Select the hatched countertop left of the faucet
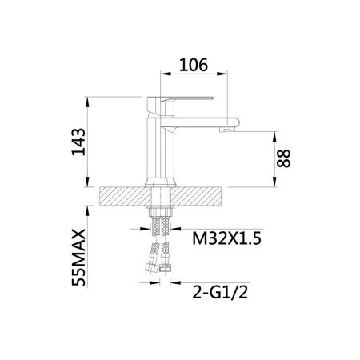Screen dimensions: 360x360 click(123, 197)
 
